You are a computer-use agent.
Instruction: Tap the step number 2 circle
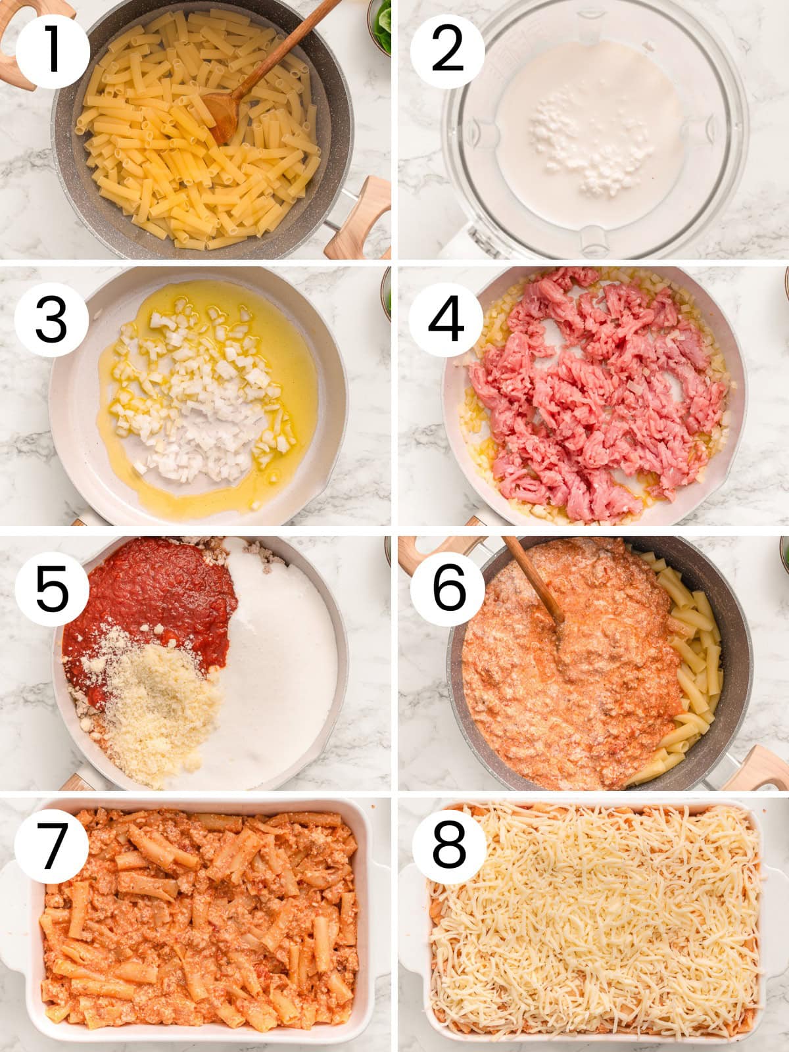click(x=448, y=51)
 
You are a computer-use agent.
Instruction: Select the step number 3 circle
click(x=51, y=320)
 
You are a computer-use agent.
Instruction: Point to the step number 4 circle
click(x=446, y=320)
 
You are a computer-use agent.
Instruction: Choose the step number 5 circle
click(x=52, y=587)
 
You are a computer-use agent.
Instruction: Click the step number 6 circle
click(x=448, y=587)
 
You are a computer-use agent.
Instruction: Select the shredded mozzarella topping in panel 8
click(x=592, y=920)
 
